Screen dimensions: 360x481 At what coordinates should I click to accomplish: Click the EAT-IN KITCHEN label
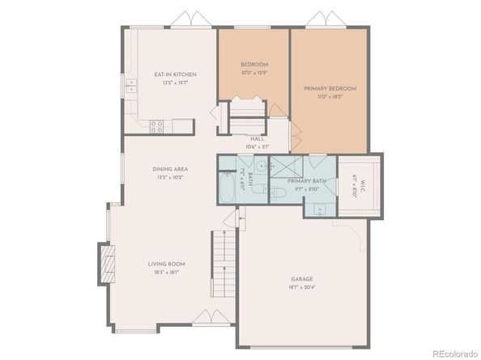175,74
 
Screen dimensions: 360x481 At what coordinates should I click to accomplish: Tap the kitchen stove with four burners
156,125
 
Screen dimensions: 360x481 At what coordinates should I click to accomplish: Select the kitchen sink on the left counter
130,87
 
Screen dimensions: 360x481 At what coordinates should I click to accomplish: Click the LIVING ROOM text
167,264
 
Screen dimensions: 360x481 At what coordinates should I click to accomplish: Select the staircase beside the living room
221,261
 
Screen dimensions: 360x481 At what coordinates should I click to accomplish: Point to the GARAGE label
302,279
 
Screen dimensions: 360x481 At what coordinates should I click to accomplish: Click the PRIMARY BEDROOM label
330,88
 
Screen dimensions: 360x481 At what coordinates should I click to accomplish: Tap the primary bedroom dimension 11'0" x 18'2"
330,96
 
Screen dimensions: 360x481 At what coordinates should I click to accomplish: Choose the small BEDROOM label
253,64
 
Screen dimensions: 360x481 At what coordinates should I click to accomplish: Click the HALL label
258,138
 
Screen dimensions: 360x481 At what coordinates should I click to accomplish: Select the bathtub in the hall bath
228,190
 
